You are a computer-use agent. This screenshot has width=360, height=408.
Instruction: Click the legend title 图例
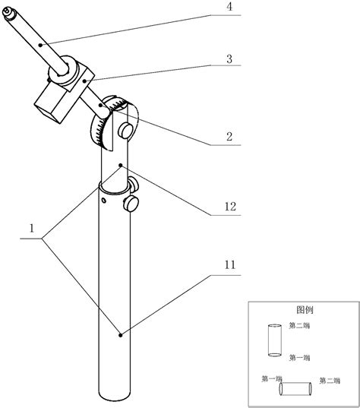[305, 310]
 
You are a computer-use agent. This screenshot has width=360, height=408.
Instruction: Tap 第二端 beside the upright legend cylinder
[299, 326]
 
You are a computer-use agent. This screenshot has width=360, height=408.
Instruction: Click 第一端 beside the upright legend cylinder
[299, 356]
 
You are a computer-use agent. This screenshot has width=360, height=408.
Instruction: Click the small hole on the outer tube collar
[103, 201]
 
